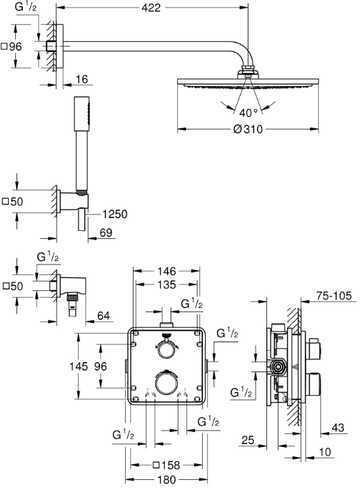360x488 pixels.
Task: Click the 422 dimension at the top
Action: coord(151,8)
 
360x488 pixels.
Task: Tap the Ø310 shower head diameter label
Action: coord(248,129)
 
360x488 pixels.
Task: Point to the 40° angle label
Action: coord(249,113)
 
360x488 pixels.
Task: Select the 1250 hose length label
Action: coord(115,214)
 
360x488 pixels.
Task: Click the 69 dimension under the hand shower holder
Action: coord(106,232)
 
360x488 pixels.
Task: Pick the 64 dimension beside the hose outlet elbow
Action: coord(103,315)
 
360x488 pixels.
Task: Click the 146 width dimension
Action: coord(166,271)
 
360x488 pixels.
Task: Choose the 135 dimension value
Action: coord(166,284)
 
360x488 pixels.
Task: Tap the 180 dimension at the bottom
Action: coord(166,480)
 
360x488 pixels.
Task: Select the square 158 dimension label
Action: coord(166,465)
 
